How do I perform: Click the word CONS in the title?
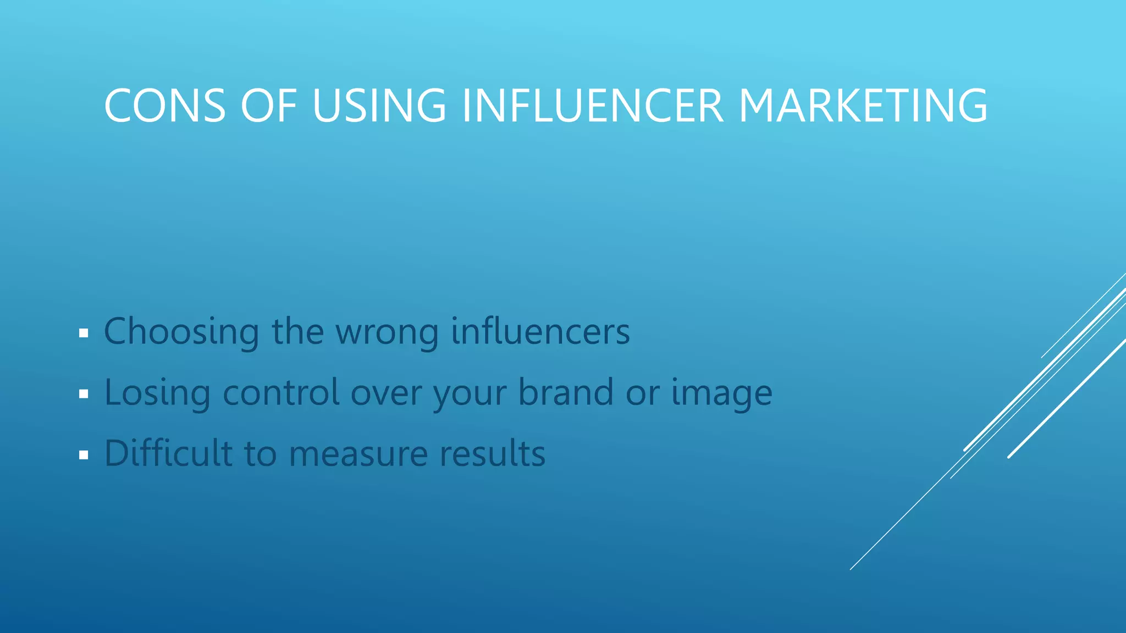[x=165, y=105]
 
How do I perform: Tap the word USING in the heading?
[x=379, y=105]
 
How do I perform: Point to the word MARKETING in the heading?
[x=863, y=105]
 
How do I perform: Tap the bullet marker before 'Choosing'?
[x=84, y=333]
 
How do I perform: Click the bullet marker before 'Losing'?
[x=84, y=394]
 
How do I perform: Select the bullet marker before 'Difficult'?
[x=84, y=455]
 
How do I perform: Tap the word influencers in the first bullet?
[x=540, y=331]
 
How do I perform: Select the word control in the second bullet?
[x=281, y=392]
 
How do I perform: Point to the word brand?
[x=566, y=392]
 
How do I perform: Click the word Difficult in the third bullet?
[x=168, y=453]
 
